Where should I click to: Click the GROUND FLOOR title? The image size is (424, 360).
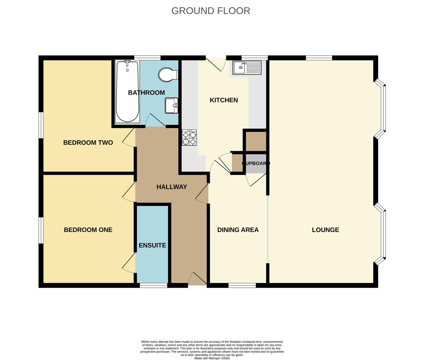coord(210,11)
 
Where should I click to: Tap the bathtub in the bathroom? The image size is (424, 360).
coord(127,92)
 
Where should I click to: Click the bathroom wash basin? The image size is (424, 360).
coord(171,106)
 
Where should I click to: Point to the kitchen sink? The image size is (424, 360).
coord(247,68)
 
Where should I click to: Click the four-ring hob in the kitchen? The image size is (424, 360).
coord(189,138)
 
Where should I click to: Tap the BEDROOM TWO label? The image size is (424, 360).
coord(88,143)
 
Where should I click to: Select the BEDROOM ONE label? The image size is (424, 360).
coord(88,230)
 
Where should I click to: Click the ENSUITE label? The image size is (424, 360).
coord(152,245)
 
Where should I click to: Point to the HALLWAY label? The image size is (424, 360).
coord(172,187)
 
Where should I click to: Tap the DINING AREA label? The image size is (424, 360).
coord(238,230)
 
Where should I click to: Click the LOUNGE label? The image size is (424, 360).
coord(325,230)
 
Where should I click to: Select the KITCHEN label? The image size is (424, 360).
coord(224,100)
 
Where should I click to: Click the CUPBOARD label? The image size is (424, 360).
coord(256,164)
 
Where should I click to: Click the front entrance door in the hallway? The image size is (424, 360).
coord(197,279)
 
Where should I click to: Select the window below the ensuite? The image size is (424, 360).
coord(153,286)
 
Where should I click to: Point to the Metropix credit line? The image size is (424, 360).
coord(212,358)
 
